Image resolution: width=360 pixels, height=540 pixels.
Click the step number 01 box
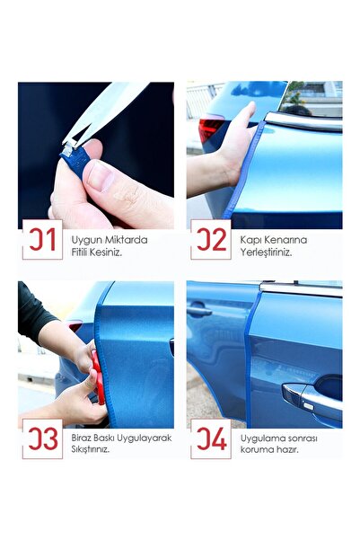coord(42,240)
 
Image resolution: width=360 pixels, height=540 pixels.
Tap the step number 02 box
coord(211,240)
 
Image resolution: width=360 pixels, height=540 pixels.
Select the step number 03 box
coord(42,438)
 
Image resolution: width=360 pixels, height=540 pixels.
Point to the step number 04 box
coord(211,438)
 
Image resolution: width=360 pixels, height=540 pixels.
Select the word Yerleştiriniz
coord(266,252)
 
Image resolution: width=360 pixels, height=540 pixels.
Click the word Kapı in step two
coord(250,241)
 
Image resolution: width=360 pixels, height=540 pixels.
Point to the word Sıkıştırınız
coord(91,450)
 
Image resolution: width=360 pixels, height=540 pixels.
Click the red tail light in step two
coord(211,128)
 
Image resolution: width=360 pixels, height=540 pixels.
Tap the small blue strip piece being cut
coord(75,159)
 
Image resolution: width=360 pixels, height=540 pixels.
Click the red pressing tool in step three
coord(98,376)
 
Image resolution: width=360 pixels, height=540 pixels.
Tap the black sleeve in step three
coord(35,314)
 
